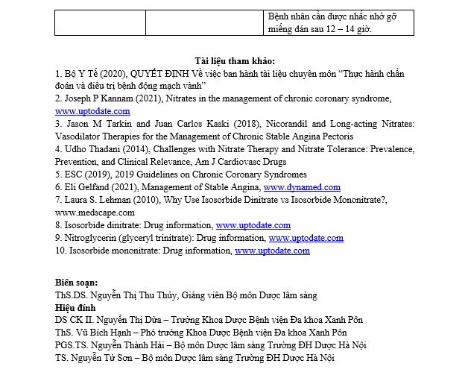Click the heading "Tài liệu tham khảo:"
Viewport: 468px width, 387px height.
(x=233, y=60)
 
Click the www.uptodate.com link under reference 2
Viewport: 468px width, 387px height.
(x=92, y=111)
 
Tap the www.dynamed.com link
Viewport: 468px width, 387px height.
(x=302, y=187)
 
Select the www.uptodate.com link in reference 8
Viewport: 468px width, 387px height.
(x=253, y=225)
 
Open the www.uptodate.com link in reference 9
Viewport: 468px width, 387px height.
(x=306, y=238)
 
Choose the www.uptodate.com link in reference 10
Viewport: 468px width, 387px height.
(x=272, y=251)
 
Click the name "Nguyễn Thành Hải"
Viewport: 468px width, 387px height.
(x=123, y=345)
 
